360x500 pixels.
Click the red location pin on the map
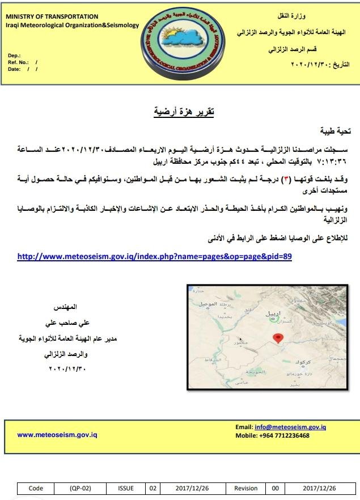[277, 338]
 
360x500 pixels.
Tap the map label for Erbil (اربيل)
[272, 313]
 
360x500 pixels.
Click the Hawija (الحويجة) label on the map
[256, 372]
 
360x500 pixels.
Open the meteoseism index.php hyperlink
[154, 256]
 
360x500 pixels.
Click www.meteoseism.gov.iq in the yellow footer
[57, 435]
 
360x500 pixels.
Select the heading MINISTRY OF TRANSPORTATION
[52, 17]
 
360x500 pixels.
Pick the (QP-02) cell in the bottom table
[79, 488]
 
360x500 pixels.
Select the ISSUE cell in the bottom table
[126, 488]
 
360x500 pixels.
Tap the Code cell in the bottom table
[35, 488]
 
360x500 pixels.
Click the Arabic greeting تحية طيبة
[337, 131]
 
